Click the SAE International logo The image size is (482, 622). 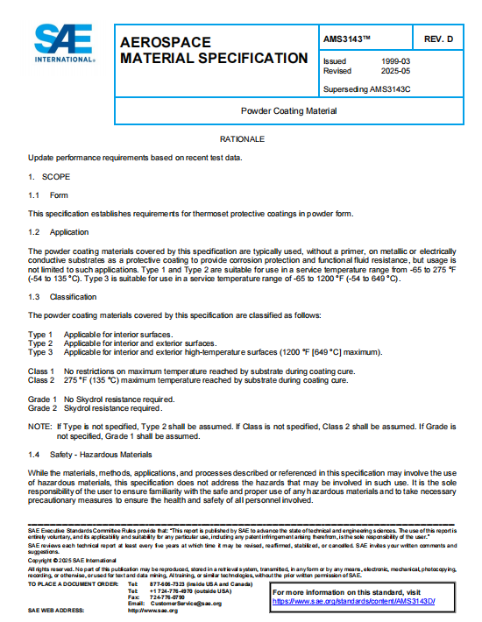[x=63, y=44]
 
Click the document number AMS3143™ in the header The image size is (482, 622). [x=348, y=40]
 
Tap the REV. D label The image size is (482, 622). [x=438, y=40]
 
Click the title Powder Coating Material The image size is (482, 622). [x=288, y=111]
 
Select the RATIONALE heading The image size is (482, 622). [x=242, y=140]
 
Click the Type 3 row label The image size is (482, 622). [x=40, y=351]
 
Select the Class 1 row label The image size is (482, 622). [x=41, y=371]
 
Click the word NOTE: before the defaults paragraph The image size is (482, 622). [x=39, y=426]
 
